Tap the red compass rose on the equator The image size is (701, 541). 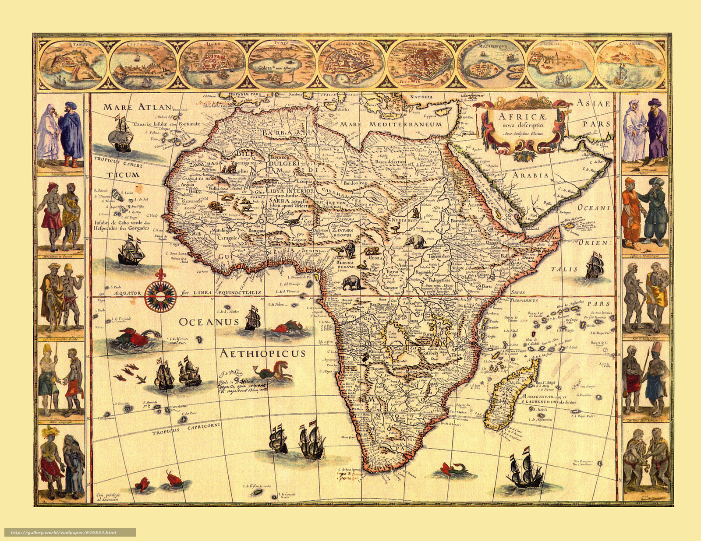click(x=160, y=296)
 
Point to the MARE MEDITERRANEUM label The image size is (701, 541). click(x=391, y=124)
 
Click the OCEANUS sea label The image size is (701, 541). click(x=209, y=322)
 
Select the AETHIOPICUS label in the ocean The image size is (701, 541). click(x=262, y=353)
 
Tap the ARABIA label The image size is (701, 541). click(x=531, y=175)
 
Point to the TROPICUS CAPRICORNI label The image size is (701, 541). click(x=186, y=429)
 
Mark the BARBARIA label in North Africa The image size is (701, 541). click(x=289, y=132)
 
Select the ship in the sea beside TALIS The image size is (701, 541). click(x=595, y=266)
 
